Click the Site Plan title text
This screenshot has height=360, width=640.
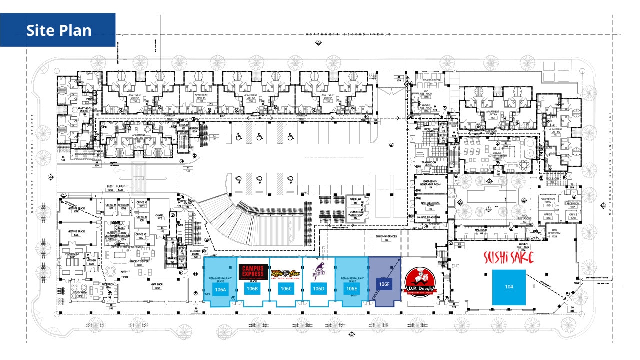59,30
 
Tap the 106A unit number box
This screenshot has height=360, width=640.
220,289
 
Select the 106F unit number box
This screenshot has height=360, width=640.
384,284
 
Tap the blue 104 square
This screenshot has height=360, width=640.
509,287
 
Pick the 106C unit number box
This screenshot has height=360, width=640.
286,289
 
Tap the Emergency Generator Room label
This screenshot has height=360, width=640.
430,184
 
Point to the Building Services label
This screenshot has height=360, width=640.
386,238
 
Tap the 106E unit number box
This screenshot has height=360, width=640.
352,289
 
